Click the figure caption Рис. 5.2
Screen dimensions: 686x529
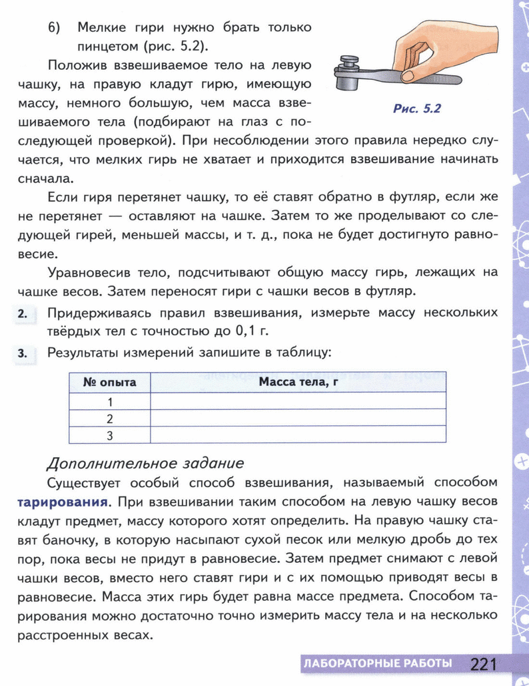417,109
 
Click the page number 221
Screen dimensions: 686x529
484,665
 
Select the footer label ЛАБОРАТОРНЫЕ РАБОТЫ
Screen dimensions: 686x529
377,664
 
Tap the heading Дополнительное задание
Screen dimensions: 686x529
145,463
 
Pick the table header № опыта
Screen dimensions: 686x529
109,383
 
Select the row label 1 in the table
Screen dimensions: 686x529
109,401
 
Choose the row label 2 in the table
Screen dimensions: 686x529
109,419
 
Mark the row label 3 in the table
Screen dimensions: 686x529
109,436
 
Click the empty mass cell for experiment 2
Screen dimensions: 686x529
298,419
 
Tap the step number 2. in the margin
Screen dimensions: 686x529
23,314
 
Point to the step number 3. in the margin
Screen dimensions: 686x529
23,353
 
